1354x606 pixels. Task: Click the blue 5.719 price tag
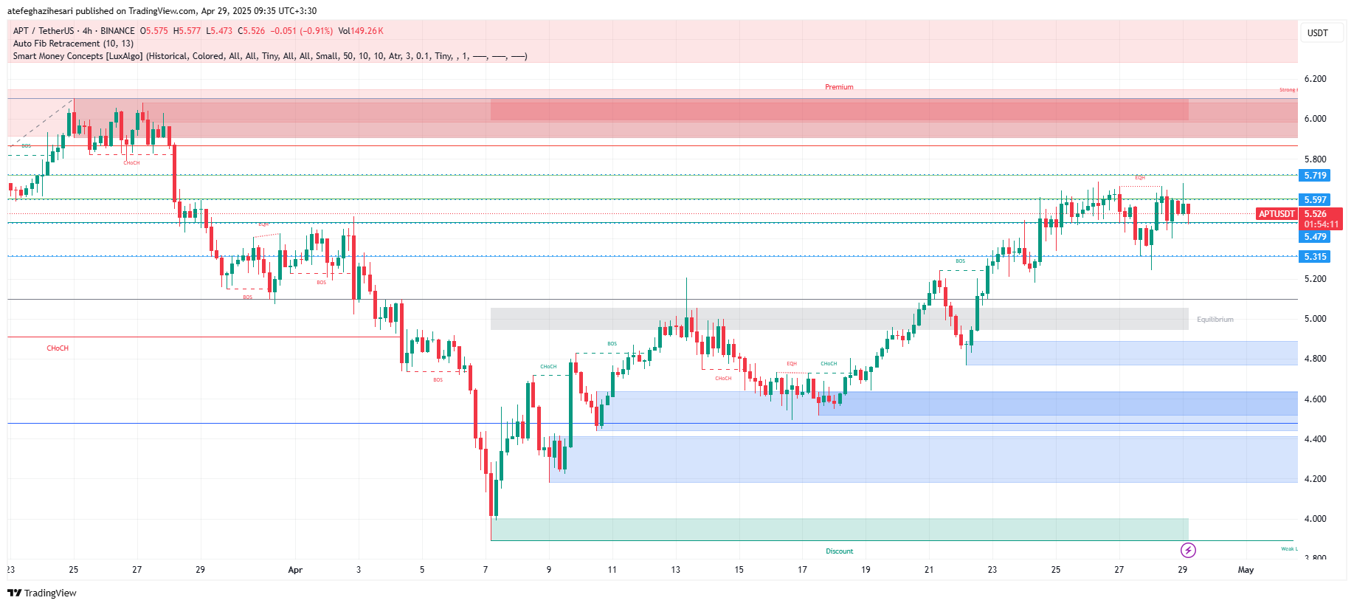point(1314,176)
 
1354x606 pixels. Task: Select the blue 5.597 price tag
point(1314,200)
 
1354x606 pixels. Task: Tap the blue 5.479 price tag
point(1314,237)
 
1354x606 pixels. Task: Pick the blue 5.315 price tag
point(1314,257)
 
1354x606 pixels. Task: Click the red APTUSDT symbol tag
point(1277,214)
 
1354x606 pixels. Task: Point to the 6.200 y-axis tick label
point(1315,79)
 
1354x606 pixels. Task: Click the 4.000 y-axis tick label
point(1315,519)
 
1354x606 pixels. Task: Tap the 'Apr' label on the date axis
point(295,570)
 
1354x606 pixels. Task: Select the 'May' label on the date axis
point(1246,570)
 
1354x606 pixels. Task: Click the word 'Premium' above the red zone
point(839,87)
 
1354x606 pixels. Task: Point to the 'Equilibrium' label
point(1215,320)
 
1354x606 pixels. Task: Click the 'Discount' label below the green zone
point(839,551)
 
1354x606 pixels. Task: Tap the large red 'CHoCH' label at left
point(58,348)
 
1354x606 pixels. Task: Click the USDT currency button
point(1317,32)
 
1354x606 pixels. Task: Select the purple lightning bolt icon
point(1188,550)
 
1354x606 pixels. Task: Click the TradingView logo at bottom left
point(42,593)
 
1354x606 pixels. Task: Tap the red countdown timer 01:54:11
point(1321,224)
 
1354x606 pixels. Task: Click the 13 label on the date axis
point(675,570)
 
